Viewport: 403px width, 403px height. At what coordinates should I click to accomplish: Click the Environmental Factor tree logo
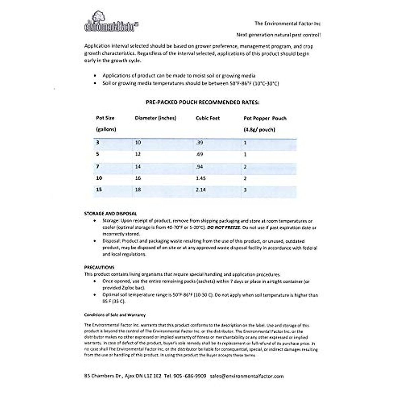click(x=111, y=21)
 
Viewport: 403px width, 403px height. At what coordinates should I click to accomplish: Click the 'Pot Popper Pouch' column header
click(x=265, y=118)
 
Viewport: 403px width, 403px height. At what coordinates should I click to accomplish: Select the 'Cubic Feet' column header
click(x=208, y=118)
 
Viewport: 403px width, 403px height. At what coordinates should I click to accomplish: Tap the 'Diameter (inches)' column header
click(x=155, y=118)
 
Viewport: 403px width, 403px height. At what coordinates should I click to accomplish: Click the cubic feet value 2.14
click(x=200, y=190)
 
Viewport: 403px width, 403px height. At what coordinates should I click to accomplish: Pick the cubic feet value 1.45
click(x=200, y=178)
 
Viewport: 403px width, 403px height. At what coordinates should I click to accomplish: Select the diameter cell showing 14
click(x=138, y=167)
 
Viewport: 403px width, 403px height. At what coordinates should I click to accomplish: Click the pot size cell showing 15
click(x=99, y=190)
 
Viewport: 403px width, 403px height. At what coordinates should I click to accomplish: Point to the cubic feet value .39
click(x=199, y=143)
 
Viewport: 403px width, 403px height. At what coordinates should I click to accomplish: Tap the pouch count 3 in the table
click(x=245, y=190)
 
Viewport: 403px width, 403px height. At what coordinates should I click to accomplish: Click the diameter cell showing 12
click(x=138, y=154)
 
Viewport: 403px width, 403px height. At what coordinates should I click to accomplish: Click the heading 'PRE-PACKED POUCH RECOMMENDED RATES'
click(x=203, y=102)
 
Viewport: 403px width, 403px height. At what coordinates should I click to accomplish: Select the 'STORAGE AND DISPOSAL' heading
click(x=110, y=214)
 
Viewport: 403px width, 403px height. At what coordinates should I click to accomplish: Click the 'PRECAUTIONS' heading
click(x=99, y=267)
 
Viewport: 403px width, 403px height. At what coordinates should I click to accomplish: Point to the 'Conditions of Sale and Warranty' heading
click(x=115, y=315)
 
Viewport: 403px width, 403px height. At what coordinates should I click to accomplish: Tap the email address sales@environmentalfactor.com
click(x=247, y=376)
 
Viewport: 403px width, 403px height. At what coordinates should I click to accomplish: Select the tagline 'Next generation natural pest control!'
click(x=278, y=35)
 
